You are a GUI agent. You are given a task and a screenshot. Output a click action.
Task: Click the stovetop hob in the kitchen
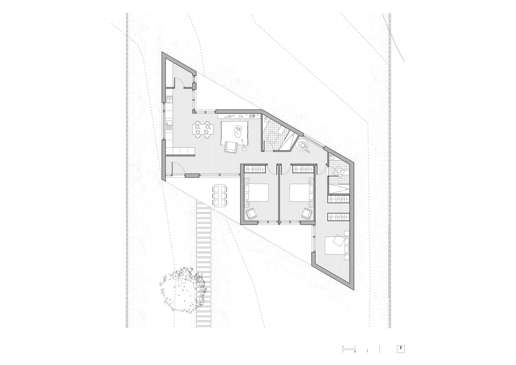169,99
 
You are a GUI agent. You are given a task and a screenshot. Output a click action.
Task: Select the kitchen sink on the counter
169,126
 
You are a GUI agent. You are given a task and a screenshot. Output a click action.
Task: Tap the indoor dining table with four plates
202,129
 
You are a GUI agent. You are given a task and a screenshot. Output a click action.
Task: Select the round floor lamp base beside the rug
245,149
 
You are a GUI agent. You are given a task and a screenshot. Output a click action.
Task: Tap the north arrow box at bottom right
401,349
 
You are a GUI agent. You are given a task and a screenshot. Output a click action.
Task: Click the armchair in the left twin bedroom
251,213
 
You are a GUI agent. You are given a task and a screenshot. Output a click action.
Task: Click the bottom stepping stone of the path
204,325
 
